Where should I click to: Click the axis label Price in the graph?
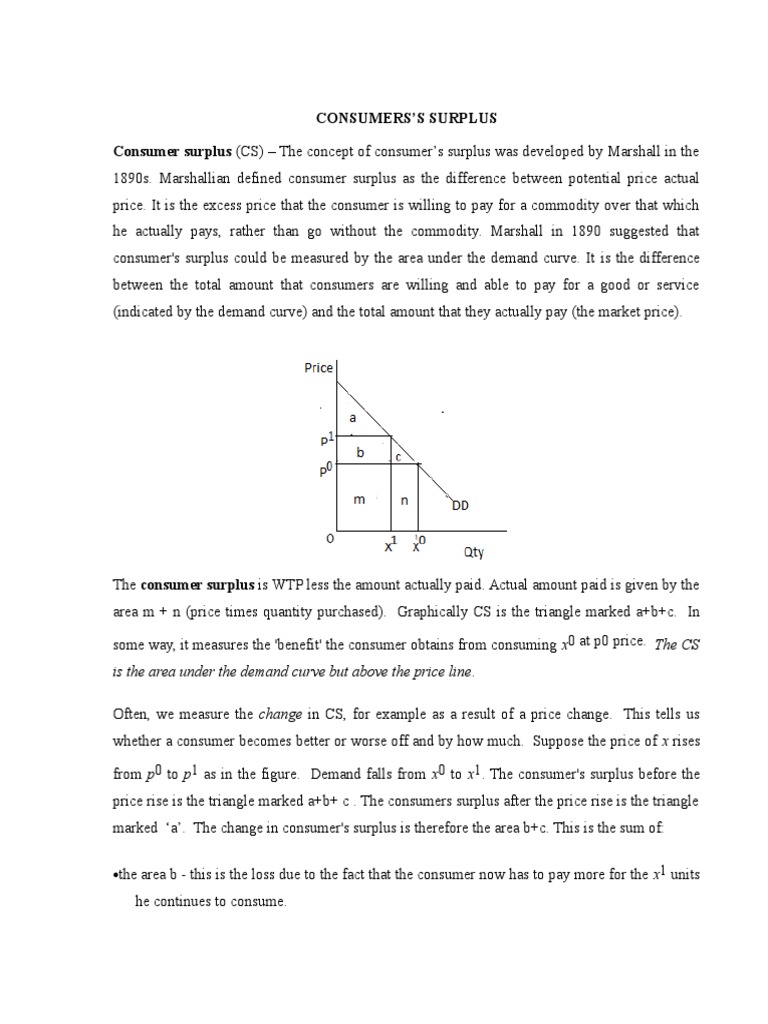tap(319, 368)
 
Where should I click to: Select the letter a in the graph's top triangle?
tap(352, 419)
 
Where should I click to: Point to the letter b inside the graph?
tap(359, 452)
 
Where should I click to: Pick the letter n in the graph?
tap(404, 500)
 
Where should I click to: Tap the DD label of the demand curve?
tap(460, 505)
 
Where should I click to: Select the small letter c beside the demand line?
tap(396, 457)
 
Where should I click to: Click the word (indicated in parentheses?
tap(148, 313)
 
